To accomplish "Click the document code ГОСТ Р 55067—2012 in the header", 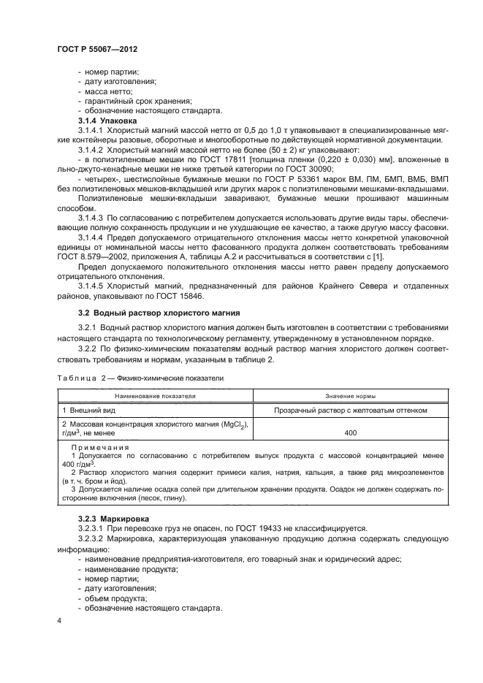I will coord(97,47).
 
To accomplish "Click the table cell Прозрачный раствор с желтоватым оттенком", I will coord(350,411).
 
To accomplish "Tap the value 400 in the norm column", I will coord(350,433).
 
